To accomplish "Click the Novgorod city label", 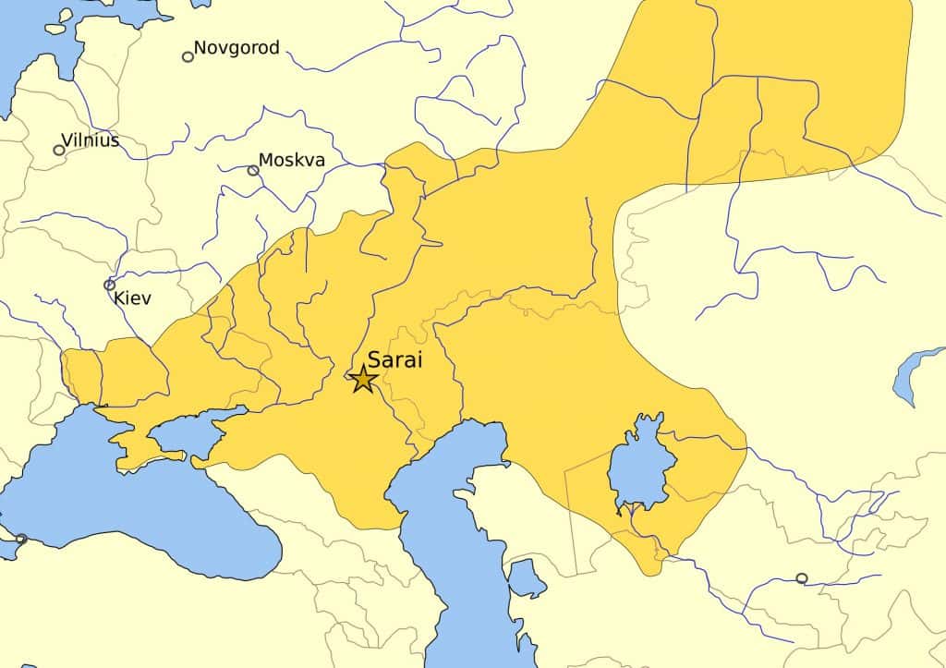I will tap(236, 48).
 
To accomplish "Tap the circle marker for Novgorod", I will tap(188, 56).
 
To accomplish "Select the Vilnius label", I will tap(91, 141).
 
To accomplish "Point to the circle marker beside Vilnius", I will tap(59, 150).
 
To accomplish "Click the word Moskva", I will tap(292, 161).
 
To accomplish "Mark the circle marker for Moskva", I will tap(253, 170).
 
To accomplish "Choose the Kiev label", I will tap(132, 298).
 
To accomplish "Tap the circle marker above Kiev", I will tap(110, 285).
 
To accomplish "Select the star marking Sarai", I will tap(362, 379).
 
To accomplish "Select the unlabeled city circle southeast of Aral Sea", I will tap(801, 578).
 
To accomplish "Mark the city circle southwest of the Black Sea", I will tap(21, 539).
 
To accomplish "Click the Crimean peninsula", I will tap(139, 448).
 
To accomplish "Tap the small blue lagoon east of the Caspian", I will tap(528, 580).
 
